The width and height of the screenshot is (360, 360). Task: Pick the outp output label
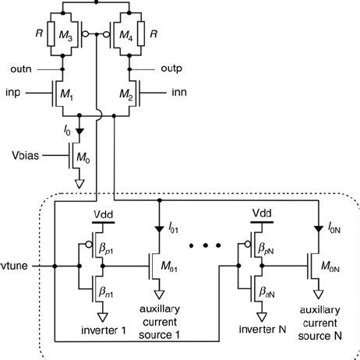[x=171, y=70]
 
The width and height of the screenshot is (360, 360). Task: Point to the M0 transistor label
[x=87, y=158]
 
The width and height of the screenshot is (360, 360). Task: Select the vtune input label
[x=16, y=266]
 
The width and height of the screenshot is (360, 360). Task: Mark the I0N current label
[x=330, y=228]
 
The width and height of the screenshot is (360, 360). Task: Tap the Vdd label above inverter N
[x=263, y=211]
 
